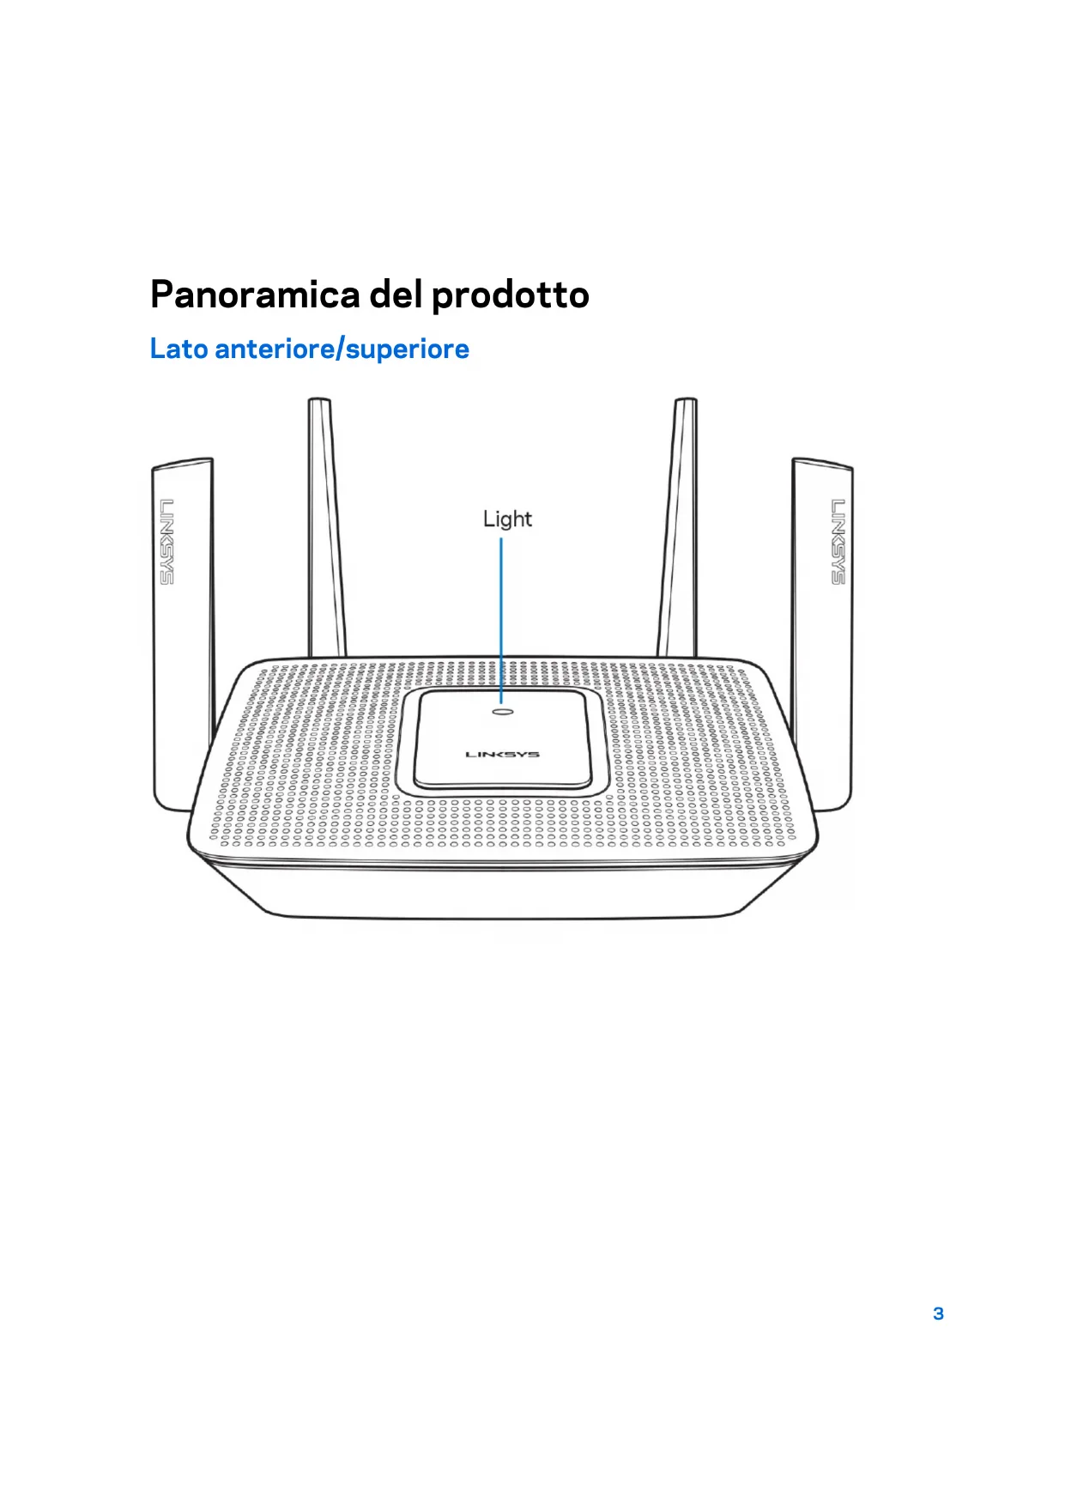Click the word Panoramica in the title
(x=255, y=295)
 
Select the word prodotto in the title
(x=510, y=295)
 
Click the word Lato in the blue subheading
(x=179, y=349)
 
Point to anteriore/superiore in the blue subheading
(x=342, y=349)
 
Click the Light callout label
(x=507, y=519)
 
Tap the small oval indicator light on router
(x=503, y=711)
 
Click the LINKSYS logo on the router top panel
(x=503, y=755)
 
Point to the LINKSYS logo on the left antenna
(x=166, y=541)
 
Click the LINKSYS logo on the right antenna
(x=838, y=541)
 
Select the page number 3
(x=938, y=1314)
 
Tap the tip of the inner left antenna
(x=319, y=402)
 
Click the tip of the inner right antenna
(x=685, y=402)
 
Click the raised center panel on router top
(x=503, y=740)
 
